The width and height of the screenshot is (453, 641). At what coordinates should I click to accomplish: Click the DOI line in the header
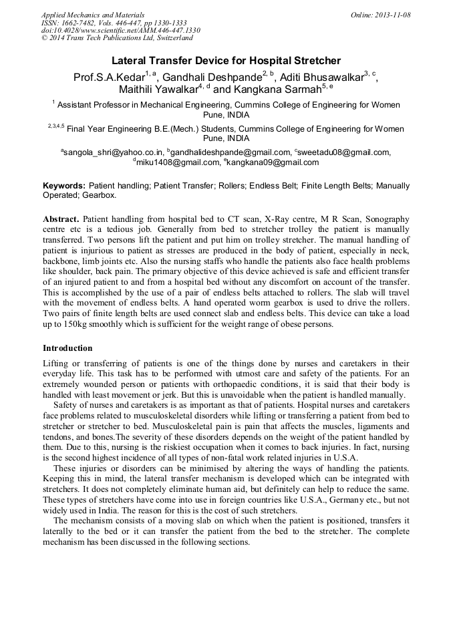click(120, 31)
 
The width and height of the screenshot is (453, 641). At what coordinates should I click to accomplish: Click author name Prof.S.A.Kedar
click(109, 78)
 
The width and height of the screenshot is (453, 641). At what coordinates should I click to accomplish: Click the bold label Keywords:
click(64, 186)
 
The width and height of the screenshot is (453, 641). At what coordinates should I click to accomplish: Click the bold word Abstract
click(62, 219)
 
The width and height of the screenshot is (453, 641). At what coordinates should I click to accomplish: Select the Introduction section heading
click(67, 348)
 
